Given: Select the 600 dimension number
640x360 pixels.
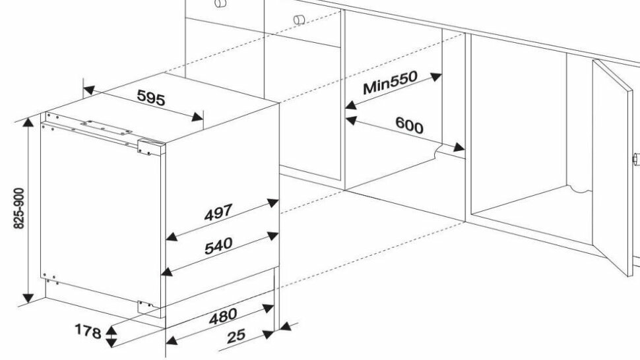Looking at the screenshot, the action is tap(409, 125).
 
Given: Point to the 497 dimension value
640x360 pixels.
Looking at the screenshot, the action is tap(218, 213).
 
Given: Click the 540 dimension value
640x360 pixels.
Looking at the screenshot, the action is tap(218, 245).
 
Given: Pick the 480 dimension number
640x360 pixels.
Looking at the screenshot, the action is tap(223, 316).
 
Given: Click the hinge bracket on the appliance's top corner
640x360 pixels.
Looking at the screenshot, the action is tap(147, 147).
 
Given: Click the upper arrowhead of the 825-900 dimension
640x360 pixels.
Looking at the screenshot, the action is tap(28, 124).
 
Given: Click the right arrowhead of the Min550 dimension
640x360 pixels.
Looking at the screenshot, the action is tap(437, 75).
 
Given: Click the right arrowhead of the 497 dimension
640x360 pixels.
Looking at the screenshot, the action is tap(271, 202).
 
